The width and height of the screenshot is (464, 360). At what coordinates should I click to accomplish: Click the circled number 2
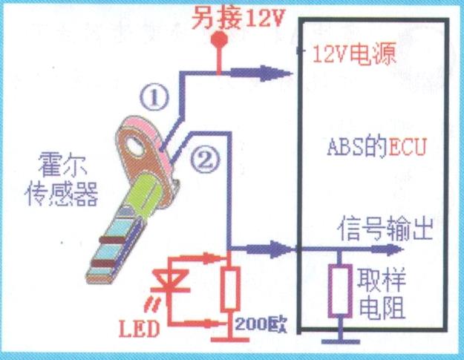coord(208,156)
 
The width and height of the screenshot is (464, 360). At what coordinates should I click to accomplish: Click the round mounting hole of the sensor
coord(134,142)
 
